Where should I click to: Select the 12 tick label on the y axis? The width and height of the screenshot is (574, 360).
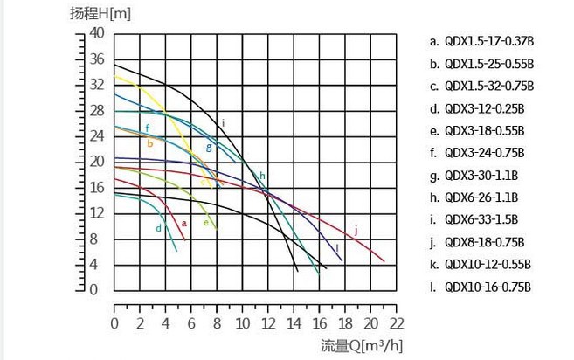coord(96,213)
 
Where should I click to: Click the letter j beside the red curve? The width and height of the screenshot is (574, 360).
coord(356,230)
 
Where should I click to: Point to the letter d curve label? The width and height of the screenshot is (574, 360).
coord(158,228)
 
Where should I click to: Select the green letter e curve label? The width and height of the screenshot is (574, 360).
coord(205,222)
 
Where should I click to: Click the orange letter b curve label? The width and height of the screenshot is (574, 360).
coord(150,143)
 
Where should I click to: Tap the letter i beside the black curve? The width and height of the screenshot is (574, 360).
coord(224,122)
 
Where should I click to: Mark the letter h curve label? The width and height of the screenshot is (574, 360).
coord(261,177)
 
